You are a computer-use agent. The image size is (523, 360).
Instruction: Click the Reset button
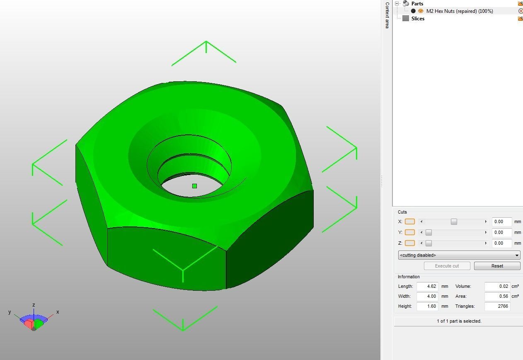(x=497, y=266)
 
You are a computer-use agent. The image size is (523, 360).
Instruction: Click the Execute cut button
(x=447, y=266)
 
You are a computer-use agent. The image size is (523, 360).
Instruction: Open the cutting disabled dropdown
(x=459, y=255)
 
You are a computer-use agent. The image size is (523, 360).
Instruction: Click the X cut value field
(x=501, y=221)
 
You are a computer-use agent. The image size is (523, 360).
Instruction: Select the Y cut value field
(x=501, y=232)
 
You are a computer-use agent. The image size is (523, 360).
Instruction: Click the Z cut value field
(x=501, y=243)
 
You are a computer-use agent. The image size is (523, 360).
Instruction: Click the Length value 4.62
(x=427, y=286)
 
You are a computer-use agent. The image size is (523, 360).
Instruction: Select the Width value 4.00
(x=427, y=296)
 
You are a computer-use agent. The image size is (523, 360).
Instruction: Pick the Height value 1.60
(x=427, y=306)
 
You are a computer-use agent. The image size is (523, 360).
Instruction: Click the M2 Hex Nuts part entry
(x=459, y=11)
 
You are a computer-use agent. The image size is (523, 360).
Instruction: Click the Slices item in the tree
(x=418, y=19)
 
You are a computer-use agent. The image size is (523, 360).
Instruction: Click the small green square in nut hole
(x=194, y=186)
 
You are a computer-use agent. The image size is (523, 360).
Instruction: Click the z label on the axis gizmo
(x=34, y=305)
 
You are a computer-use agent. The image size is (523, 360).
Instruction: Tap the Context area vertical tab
(x=387, y=15)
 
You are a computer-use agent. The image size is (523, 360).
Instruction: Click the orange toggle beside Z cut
(x=409, y=243)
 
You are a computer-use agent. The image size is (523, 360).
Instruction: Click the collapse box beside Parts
(x=397, y=3)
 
